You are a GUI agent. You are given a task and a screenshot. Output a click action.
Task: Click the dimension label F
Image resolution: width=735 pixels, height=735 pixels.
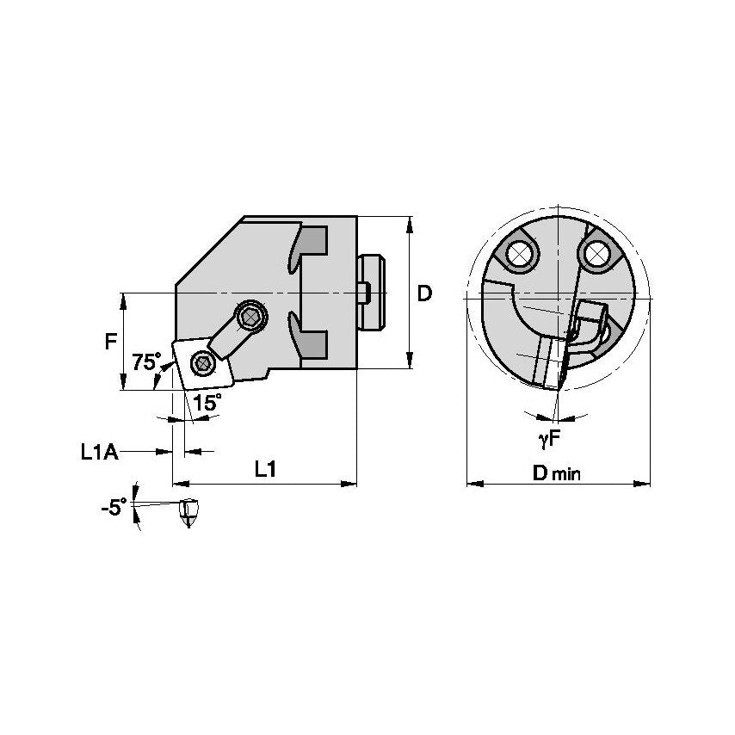click(x=110, y=342)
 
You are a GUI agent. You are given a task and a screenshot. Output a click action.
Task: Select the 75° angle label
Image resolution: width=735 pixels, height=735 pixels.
click(x=145, y=361)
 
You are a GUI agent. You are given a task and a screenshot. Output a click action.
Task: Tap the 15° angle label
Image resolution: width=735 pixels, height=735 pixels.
click(x=206, y=402)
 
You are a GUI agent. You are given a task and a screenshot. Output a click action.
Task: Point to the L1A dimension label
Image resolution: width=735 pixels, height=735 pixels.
click(x=99, y=450)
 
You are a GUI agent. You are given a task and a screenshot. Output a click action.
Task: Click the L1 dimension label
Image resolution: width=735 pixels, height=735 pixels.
click(x=265, y=469)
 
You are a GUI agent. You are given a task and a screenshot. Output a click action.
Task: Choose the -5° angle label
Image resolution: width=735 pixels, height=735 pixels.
click(x=113, y=507)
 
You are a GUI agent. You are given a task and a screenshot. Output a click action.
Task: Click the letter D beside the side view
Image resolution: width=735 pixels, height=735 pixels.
click(x=424, y=293)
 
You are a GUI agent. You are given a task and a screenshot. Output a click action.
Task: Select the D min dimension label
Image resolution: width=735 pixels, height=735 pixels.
click(x=556, y=472)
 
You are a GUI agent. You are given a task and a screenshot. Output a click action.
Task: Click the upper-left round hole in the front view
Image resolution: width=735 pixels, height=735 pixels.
click(x=519, y=253)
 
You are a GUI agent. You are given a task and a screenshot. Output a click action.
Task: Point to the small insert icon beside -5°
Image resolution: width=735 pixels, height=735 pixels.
click(x=188, y=513)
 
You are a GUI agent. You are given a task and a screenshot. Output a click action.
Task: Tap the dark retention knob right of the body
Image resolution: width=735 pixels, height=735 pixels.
click(x=371, y=293)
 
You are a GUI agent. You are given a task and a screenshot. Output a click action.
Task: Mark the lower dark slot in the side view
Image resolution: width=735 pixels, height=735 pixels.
click(x=313, y=343)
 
